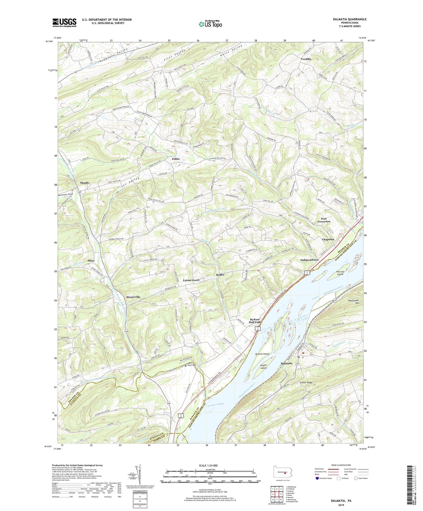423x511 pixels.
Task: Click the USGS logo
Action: pos(64,22)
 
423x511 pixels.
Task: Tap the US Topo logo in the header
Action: pos(210,24)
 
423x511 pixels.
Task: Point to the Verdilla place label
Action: pos(306,59)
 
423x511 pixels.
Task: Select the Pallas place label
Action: pos(176,159)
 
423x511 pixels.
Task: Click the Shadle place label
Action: pos(85,183)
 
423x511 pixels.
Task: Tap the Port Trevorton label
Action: pos(324,220)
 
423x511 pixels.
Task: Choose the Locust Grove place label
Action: pos(191,280)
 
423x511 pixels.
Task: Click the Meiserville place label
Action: pos(133,297)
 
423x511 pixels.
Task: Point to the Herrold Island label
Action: pos(340,273)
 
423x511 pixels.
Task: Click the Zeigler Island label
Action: pos(263,366)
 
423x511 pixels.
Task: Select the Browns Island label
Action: pos(262,354)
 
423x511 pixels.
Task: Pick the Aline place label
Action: pos(91,260)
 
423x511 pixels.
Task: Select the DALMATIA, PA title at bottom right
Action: pos(341,501)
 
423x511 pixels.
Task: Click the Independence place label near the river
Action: pos(309,260)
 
